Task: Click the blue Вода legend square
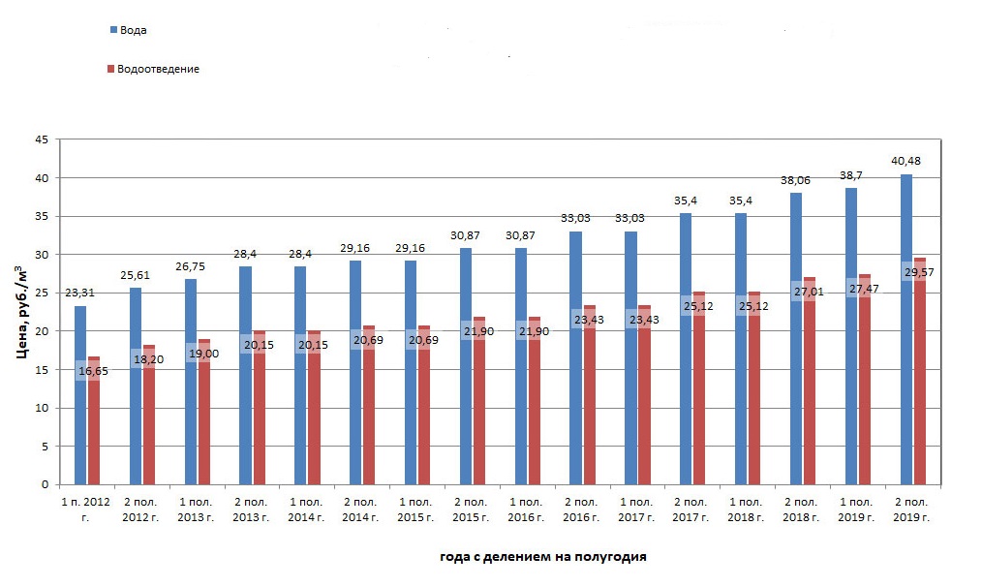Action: (x=113, y=30)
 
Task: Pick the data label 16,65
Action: (x=94, y=370)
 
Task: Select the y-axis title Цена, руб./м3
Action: (x=21, y=311)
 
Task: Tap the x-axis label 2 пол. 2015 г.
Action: (x=472, y=510)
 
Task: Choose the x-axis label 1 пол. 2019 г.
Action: (x=857, y=510)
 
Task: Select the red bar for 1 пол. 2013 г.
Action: (x=204, y=417)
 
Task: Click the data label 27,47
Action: (x=864, y=289)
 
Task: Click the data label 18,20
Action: (x=148, y=358)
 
